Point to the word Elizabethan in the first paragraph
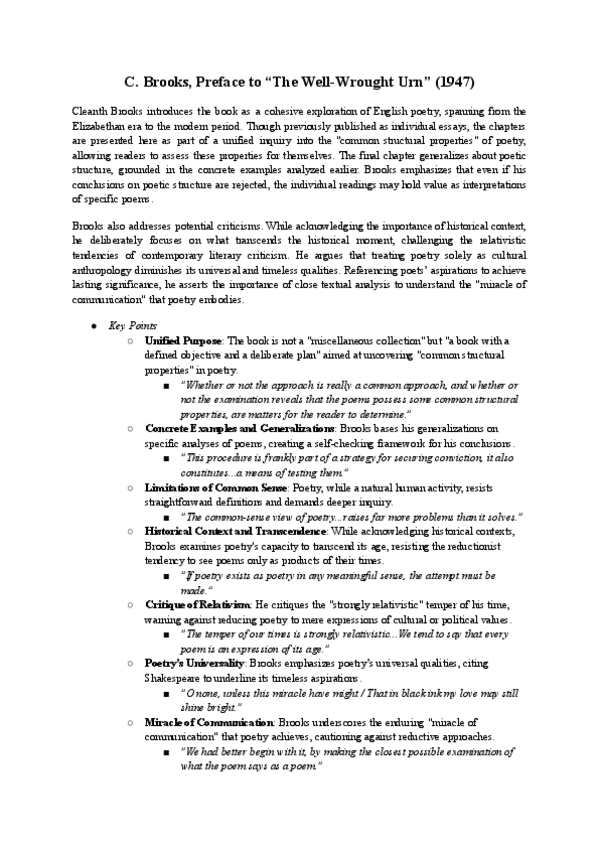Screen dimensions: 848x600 point(103,127)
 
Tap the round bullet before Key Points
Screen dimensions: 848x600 point(93,326)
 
